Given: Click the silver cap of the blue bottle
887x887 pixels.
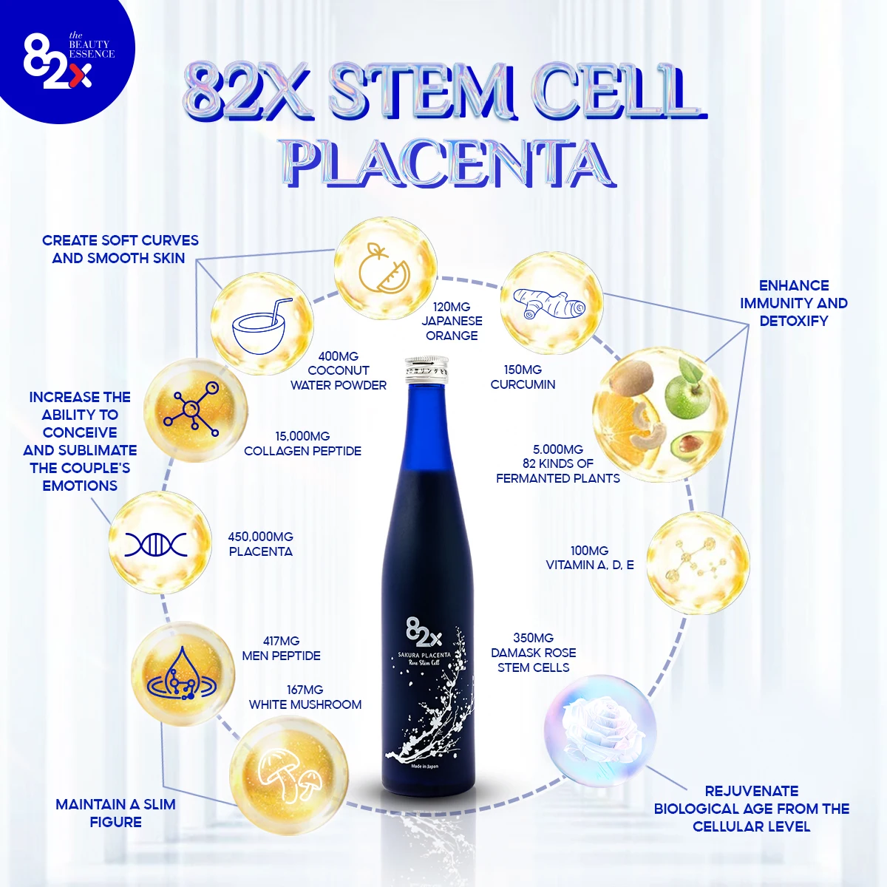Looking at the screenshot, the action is (x=426, y=370).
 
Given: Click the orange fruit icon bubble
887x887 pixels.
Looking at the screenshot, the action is (x=384, y=268).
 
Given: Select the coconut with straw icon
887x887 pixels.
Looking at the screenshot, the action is (x=262, y=324).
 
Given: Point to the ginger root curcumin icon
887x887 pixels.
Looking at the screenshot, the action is (x=551, y=303).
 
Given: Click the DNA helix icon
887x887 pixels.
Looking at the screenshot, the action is (x=156, y=545).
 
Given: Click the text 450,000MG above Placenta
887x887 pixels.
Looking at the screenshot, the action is (x=260, y=537).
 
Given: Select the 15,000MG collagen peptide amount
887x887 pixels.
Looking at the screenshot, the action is (x=302, y=436).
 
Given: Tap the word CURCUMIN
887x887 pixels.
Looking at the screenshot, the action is (x=523, y=384).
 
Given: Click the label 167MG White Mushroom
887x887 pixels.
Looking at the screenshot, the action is (x=305, y=697).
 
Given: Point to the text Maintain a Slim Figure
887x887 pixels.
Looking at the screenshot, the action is (x=115, y=813).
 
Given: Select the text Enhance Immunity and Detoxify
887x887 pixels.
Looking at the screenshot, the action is (x=793, y=303).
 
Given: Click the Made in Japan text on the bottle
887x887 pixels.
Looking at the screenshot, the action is (x=424, y=767).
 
